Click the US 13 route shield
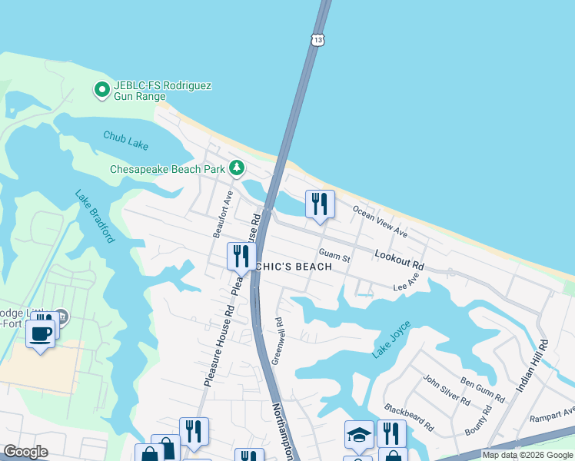click(317, 38)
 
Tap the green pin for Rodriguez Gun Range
click(101, 91)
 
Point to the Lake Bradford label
click(95, 216)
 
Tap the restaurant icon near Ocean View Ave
click(320, 204)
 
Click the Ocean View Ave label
click(379, 221)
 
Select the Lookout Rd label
click(399, 258)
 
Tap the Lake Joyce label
click(391, 340)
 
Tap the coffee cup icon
click(40, 333)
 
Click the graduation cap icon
click(359, 435)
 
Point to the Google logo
click(25, 452)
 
